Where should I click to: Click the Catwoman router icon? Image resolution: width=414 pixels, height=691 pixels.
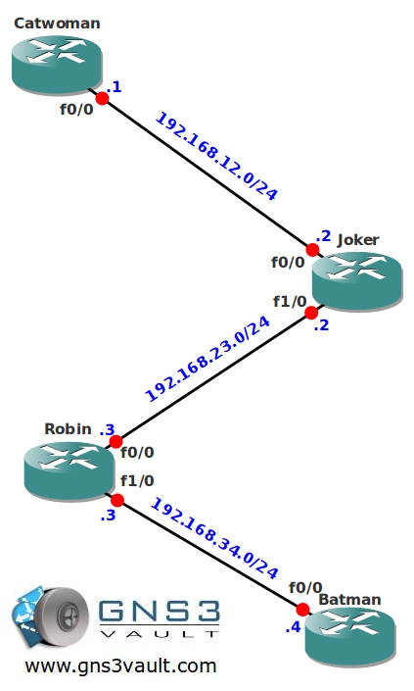point(57,66)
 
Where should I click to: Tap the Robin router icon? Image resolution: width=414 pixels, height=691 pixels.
point(69,470)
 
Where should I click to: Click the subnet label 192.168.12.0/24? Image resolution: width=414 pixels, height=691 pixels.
point(217,157)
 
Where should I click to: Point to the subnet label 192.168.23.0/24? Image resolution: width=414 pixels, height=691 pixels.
point(207,359)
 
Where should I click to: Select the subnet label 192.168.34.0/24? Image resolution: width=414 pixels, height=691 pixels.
point(214,538)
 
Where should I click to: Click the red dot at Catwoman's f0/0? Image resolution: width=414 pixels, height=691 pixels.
point(102,98)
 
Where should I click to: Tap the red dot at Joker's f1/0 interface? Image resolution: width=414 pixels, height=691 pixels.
point(311,313)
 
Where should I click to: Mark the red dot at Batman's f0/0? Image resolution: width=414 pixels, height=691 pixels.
point(302,610)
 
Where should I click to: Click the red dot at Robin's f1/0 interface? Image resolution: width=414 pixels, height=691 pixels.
point(117,500)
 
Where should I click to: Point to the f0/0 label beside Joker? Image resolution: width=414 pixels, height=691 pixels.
point(288,263)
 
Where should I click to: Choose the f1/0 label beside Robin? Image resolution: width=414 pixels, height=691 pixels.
point(137,480)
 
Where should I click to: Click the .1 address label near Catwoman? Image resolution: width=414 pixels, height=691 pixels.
point(114,87)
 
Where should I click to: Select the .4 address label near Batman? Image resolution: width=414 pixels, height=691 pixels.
point(293,626)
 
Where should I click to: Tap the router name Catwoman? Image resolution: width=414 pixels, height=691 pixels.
point(57,23)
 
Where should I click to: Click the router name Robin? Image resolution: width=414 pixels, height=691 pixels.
point(69,428)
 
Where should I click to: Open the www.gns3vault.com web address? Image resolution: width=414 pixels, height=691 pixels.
point(120,666)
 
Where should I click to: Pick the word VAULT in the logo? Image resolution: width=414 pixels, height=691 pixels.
point(160,634)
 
